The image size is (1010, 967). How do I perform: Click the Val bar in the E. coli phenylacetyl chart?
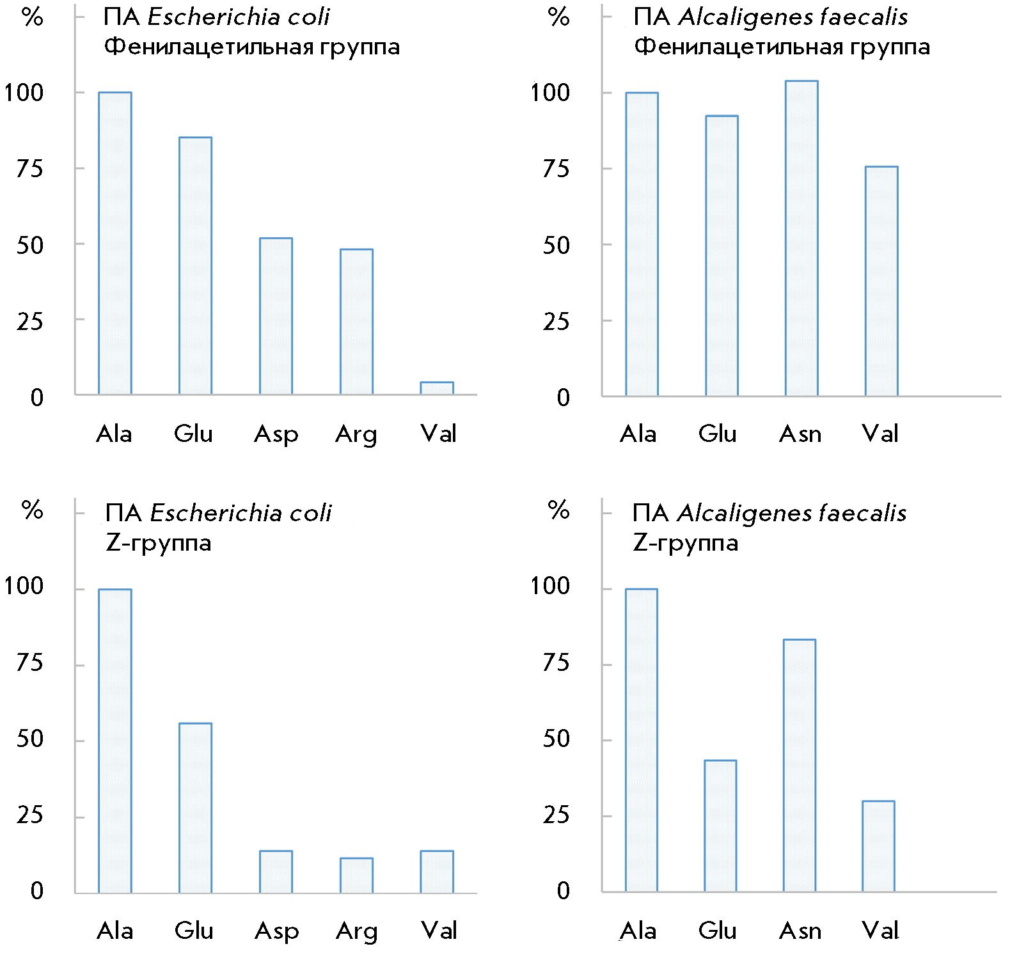(x=437, y=388)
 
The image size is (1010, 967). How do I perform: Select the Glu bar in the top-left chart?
(x=195, y=265)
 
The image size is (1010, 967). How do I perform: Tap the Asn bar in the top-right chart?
(x=801, y=238)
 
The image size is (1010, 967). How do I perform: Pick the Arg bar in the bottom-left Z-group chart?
(x=356, y=876)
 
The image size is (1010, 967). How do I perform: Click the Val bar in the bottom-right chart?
(x=878, y=846)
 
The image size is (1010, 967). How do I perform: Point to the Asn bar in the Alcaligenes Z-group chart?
(x=800, y=765)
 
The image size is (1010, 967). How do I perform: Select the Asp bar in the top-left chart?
(x=276, y=316)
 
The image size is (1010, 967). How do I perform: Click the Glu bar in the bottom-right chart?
(x=720, y=826)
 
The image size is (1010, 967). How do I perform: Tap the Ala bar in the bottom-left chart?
(x=115, y=741)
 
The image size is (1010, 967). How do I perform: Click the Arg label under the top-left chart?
(x=356, y=435)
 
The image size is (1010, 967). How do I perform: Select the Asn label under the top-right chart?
(x=800, y=435)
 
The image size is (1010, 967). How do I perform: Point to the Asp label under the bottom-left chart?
(x=276, y=931)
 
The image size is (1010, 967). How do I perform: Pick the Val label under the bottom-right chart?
(x=880, y=931)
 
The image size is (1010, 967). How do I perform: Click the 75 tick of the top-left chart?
(x=30, y=169)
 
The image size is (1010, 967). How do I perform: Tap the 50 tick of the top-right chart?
(x=556, y=245)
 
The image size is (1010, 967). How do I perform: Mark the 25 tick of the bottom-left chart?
(x=30, y=815)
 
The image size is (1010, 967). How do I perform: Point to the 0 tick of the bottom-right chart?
(x=563, y=891)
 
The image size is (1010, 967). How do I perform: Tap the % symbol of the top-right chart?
(x=558, y=17)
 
